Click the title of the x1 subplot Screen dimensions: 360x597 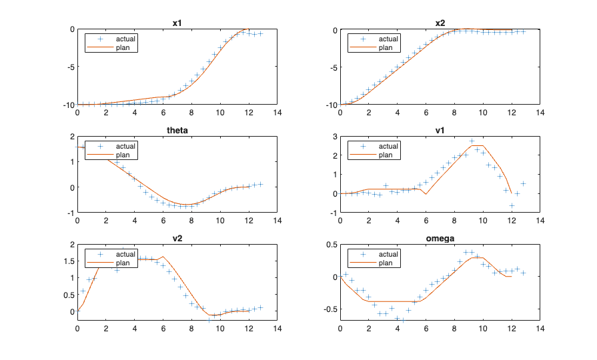pos(177,23)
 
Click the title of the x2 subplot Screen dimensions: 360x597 pos(440,23)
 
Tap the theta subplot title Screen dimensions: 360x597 pos(177,131)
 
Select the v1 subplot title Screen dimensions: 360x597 pos(440,131)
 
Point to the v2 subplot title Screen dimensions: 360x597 pos(177,239)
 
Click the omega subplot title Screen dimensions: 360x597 pos(440,239)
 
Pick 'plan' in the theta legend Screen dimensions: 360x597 pos(125,155)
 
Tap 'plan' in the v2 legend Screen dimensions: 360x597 pos(125,263)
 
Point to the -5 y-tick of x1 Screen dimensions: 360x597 pos(69,67)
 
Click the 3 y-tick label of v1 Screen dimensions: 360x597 pos(334,137)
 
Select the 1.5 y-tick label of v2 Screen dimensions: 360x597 pos(67,261)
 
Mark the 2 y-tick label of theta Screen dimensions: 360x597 pos(71,137)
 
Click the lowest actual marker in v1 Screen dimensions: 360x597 pos(512,205)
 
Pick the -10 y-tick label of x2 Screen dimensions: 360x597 pos(330,105)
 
